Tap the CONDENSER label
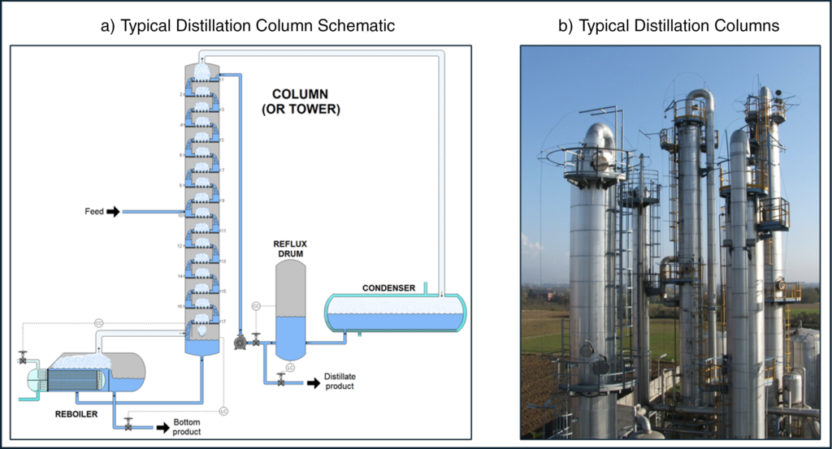click(x=388, y=287)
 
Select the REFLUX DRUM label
click(x=291, y=248)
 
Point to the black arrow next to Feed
click(x=113, y=212)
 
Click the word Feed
click(x=94, y=212)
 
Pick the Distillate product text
click(x=340, y=381)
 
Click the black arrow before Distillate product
click(x=312, y=383)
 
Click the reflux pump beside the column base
click(x=240, y=343)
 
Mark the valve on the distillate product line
click(x=281, y=378)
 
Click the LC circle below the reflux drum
click(x=290, y=367)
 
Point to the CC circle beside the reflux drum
click(x=256, y=305)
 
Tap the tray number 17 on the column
click(x=223, y=322)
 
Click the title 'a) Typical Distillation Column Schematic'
click(x=247, y=26)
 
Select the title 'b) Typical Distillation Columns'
click(x=668, y=26)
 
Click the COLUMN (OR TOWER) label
click(x=299, y=101)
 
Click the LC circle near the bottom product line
click(x=223, y=411)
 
